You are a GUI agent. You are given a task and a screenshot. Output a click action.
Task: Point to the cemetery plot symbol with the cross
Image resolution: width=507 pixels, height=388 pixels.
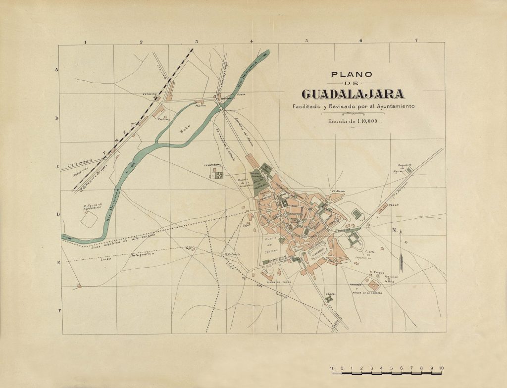(217, 174)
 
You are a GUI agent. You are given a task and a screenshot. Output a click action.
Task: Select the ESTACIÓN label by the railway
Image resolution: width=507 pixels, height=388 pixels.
(150, 94)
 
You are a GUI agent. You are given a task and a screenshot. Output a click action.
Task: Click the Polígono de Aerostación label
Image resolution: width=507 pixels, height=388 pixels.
(93, 206)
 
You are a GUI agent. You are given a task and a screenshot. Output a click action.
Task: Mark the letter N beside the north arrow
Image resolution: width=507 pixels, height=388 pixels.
(395, 230)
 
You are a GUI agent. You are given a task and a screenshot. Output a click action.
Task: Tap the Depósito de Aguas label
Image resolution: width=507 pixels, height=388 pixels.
(406, 167)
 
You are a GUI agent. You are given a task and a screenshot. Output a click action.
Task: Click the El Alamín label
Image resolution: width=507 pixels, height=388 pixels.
(338, 191)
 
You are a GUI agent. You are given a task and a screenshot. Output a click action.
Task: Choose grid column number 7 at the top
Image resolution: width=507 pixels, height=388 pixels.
(416, 40)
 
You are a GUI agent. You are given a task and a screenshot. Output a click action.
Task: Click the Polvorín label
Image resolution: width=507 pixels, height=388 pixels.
(233, 254)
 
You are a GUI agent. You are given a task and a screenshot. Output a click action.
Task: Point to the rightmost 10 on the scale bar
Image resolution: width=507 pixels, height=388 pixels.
(441, 368)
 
